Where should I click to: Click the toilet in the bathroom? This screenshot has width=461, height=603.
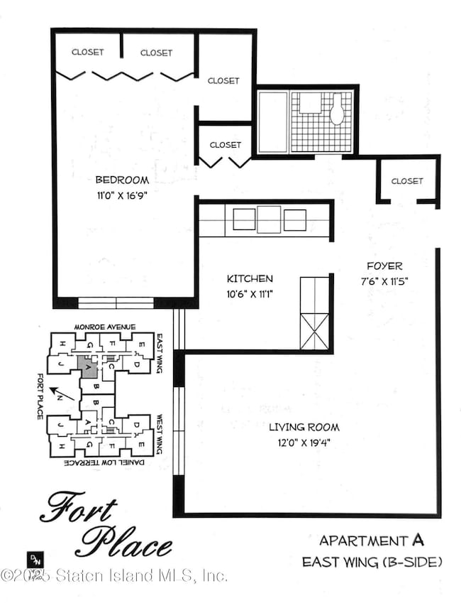pos(337,109)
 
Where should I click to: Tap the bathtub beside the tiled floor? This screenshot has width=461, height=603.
pos(272,122)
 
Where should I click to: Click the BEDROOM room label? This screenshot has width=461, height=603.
pos(123,180)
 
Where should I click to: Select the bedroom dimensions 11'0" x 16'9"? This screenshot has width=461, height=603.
pos(123,193)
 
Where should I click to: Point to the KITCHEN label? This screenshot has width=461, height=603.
pos(250,278)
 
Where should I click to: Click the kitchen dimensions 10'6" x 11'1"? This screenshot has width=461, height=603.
pos(250,293)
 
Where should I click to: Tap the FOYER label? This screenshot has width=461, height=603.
pos(385,266)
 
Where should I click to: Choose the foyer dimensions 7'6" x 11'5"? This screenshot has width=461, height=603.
pos(385,281)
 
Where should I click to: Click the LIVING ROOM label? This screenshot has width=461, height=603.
pos(304,427)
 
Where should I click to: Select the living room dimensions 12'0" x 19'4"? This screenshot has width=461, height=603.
pos(304,441)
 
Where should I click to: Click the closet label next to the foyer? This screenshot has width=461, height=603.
pos(407,181)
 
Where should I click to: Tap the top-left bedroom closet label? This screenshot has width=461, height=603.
pos(88,52)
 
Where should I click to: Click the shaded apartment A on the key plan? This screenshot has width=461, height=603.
pos(88,368)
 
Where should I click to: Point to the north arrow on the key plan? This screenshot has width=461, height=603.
pos(60,393)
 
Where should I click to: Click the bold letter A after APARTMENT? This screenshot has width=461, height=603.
pos(418,540)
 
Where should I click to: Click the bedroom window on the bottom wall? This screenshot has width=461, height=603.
pos(116,303)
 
